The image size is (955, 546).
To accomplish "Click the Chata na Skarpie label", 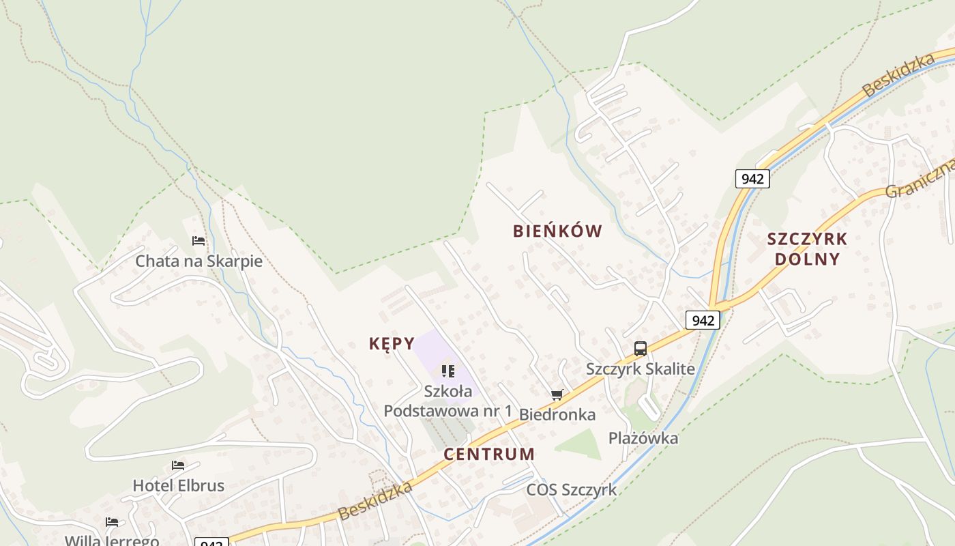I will point(199,261).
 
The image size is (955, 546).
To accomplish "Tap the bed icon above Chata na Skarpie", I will point(199,241).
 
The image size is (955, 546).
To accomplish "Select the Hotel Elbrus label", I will point(178,486).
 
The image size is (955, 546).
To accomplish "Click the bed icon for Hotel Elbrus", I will point(178,465).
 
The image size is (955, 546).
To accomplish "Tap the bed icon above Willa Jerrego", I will point(112,522).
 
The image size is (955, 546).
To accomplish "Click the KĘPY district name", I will point(392,343).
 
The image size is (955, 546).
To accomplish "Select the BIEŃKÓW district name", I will point(557,231).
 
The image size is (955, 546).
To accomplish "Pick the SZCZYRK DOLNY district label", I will point(807,249).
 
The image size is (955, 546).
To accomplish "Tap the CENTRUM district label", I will point(489,455).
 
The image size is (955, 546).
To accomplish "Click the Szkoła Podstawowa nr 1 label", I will point(447,401).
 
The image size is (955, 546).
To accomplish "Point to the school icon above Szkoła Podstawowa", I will point(447,371).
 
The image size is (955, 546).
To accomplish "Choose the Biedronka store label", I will point(557,414).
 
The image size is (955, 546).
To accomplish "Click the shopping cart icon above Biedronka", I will point(557,394).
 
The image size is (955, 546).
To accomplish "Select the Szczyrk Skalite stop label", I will point(641,369).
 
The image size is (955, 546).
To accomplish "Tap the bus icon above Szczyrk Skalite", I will point(641,349).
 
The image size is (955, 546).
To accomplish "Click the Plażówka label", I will point(643,438).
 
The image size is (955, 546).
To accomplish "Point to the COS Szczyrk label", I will point(571,490).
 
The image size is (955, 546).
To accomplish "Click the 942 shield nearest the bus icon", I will point(703,320).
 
